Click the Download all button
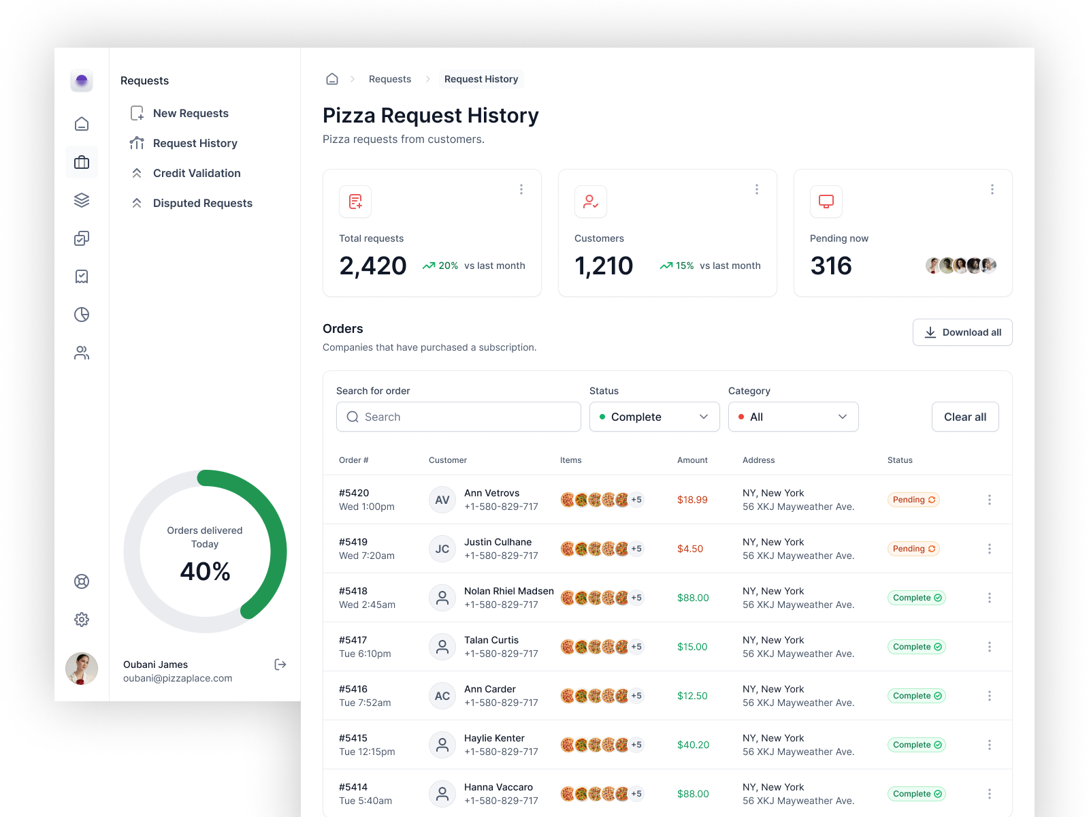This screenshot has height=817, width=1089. (962, 332)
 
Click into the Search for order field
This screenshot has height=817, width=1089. (458, 417)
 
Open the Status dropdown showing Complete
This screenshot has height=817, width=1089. (654, 417)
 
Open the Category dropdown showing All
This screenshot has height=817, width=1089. (793, 417)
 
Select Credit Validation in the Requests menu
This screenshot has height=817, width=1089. (196, 173)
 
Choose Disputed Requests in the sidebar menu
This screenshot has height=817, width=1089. (202, 203)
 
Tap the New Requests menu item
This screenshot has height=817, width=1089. (190, 113)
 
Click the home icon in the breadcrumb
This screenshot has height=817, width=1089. (332, 79)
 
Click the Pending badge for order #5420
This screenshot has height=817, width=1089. (913, 500)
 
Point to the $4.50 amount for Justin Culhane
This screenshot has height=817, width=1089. (690, 549)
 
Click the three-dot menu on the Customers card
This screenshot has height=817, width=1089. (756, 189)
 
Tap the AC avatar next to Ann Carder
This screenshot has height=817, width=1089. (442, 696)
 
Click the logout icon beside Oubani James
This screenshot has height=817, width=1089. (280, 664)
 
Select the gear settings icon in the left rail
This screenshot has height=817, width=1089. (82, 620)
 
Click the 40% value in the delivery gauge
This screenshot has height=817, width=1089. (205, 571)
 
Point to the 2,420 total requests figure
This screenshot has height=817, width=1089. (373, 266)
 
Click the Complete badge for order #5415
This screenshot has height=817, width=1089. (916, 745)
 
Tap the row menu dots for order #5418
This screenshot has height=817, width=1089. (990, 598)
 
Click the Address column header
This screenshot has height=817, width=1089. (758, 460)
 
